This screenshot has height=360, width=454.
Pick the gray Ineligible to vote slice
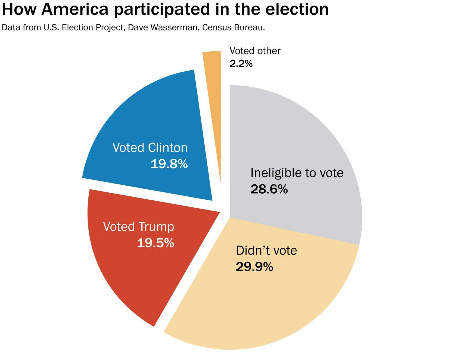point(294,135)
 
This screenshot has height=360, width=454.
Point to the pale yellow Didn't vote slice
point(263,300)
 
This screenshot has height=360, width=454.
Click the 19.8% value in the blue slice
point(169,164)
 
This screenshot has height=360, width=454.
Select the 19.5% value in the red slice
point(155,243)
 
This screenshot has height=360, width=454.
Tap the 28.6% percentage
point(269,189)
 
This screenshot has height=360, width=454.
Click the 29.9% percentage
point(254,267)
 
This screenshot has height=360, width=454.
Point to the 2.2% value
point(241,64)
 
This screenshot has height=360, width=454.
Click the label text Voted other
point(255,51)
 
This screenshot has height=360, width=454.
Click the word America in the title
point(75,9)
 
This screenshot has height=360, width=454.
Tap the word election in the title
point(297,9)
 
